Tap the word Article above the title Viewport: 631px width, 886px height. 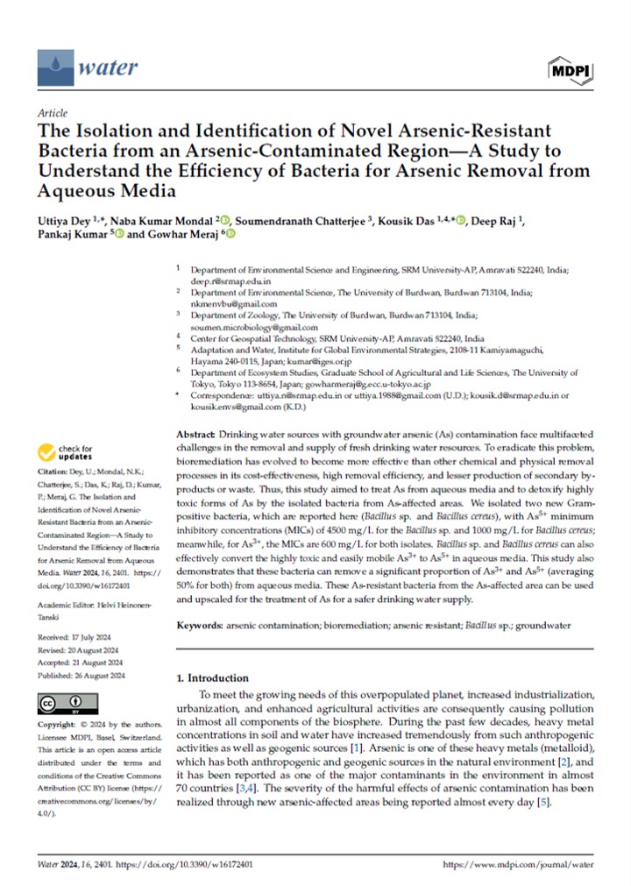(x=54, y=114)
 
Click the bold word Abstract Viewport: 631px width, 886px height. (x=196, y=436)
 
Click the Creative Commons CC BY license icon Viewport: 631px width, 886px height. (x=61, y=704)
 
